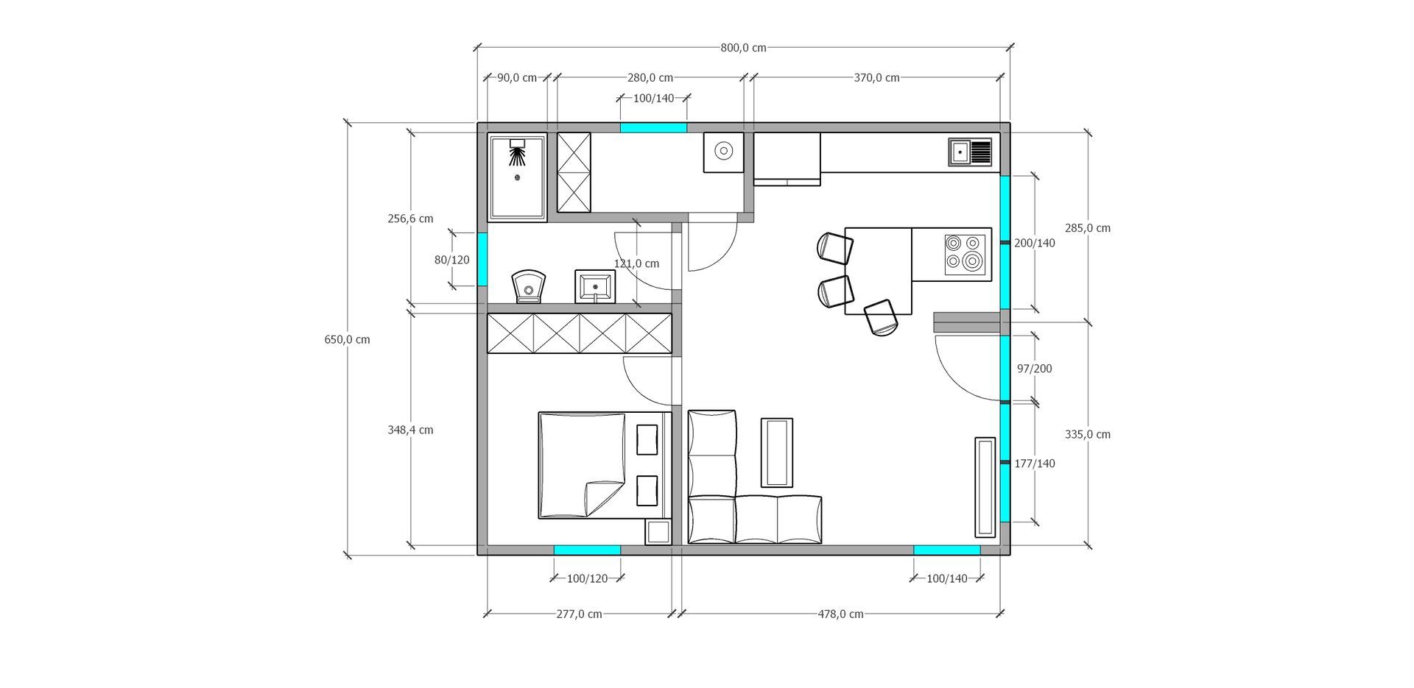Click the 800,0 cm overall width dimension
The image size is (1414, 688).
tap(743, 48)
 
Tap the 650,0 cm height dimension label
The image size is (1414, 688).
tap(347, 339)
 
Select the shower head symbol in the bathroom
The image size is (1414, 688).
tap(518, 153)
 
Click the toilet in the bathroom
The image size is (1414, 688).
tap(529, 286)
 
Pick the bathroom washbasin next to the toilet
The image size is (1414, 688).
tap(595, 286)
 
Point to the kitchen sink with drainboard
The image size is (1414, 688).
tap(970, 152)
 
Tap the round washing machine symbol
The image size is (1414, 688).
tap(723, 152)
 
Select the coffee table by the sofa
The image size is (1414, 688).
tap(777, 453)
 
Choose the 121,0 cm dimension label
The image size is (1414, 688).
tap(636, 263)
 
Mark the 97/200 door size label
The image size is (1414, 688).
tap(1035, 369)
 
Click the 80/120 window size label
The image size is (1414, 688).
tap(451, 260)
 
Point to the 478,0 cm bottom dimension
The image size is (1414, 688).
tap(841, 614)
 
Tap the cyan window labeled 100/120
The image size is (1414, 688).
tap(587, 550)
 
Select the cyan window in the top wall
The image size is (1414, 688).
tap(653, 128)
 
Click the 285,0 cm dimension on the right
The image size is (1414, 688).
tap(1088, 228)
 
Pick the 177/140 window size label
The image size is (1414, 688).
tap(1035, 464)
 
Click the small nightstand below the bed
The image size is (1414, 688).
tap(658, 532)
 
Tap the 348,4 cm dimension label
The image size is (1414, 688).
tap(410, 430)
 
